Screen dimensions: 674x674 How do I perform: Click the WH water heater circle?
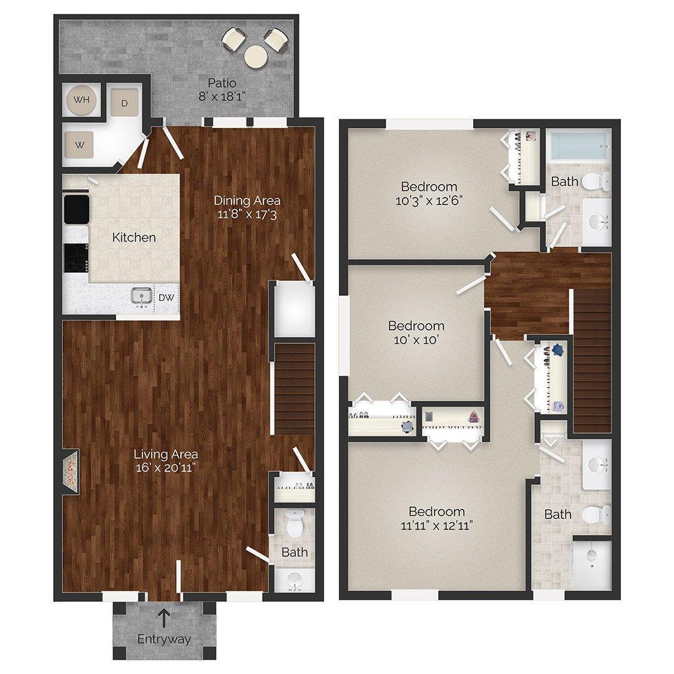pyautogui.click(x=82, y=100)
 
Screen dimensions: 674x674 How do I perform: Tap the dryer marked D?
pyautogui.click(x=124, y=103)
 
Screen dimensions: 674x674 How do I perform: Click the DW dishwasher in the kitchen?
pyautogui.click(x=166, y=298)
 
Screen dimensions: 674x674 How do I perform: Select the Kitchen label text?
pyautogui.click(x=134, y=237)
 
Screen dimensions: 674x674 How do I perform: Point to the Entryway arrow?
pyautogui.click(x=164, y=618)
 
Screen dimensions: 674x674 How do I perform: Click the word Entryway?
pyautogui.click(x=164, y=639)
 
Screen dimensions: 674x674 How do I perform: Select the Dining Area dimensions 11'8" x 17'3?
pyautogui.click(x=247, y=214)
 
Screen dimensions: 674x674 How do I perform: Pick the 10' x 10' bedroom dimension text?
pyautogui.click(x=416, y=340)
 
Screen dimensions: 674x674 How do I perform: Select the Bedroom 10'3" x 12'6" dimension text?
pyautogui.click(x=429, y=200)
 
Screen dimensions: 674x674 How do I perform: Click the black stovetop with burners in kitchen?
pyautogui.click(x=77, y=256)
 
